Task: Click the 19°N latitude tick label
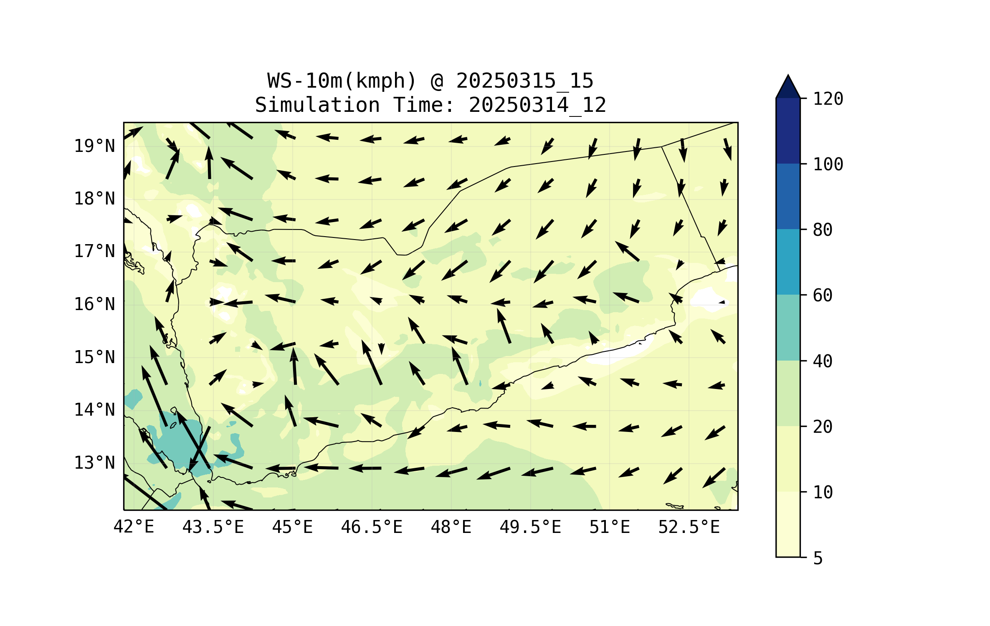tap(94, 146)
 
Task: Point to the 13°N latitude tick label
tap(94, 463)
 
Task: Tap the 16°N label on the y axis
tap(94, 304)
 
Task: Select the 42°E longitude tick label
tap(134, 527)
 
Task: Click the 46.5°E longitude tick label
tap(372, 527)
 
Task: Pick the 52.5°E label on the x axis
tap(689, 527)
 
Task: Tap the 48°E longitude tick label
tap(451, 527)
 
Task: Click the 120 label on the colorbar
tap(828, 99)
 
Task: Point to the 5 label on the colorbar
tap(818, 558)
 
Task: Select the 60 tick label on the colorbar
tap(823, 295)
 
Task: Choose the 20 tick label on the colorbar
tap(823, 427)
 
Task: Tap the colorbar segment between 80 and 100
tap(788, 196)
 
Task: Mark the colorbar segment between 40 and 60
tap(788, 328)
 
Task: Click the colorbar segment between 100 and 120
tap(788, 131)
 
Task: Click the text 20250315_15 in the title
tap(524, 81)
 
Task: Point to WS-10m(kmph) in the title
tap(342, 81)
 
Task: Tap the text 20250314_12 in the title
tap(537, 105)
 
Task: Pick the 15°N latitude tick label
tap(94, 357)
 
